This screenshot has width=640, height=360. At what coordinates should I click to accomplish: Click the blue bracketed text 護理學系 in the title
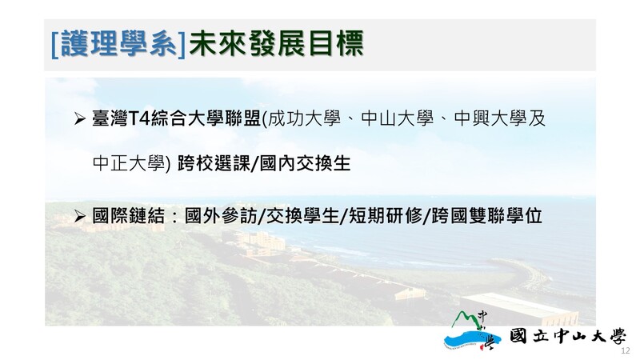118,44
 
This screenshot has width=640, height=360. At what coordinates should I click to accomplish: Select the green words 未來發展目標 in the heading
276,44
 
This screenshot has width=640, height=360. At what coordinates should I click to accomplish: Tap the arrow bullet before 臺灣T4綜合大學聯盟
79,118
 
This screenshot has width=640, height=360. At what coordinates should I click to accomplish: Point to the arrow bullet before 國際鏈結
79,216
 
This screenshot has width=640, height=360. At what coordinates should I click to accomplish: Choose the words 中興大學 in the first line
490,118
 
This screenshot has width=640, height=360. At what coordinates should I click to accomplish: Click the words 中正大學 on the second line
129,164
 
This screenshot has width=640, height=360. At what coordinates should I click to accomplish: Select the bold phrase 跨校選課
214,164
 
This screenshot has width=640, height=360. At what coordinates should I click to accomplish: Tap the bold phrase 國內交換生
305,164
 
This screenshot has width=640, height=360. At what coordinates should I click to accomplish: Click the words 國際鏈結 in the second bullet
129,216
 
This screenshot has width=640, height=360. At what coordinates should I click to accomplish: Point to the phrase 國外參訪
221,216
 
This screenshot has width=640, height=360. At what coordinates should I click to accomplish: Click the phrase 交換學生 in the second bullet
303,216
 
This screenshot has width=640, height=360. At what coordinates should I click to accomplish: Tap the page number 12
626,351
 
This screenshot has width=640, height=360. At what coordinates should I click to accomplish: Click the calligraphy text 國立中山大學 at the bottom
568,337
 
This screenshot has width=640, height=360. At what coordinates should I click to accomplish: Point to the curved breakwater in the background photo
526,273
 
